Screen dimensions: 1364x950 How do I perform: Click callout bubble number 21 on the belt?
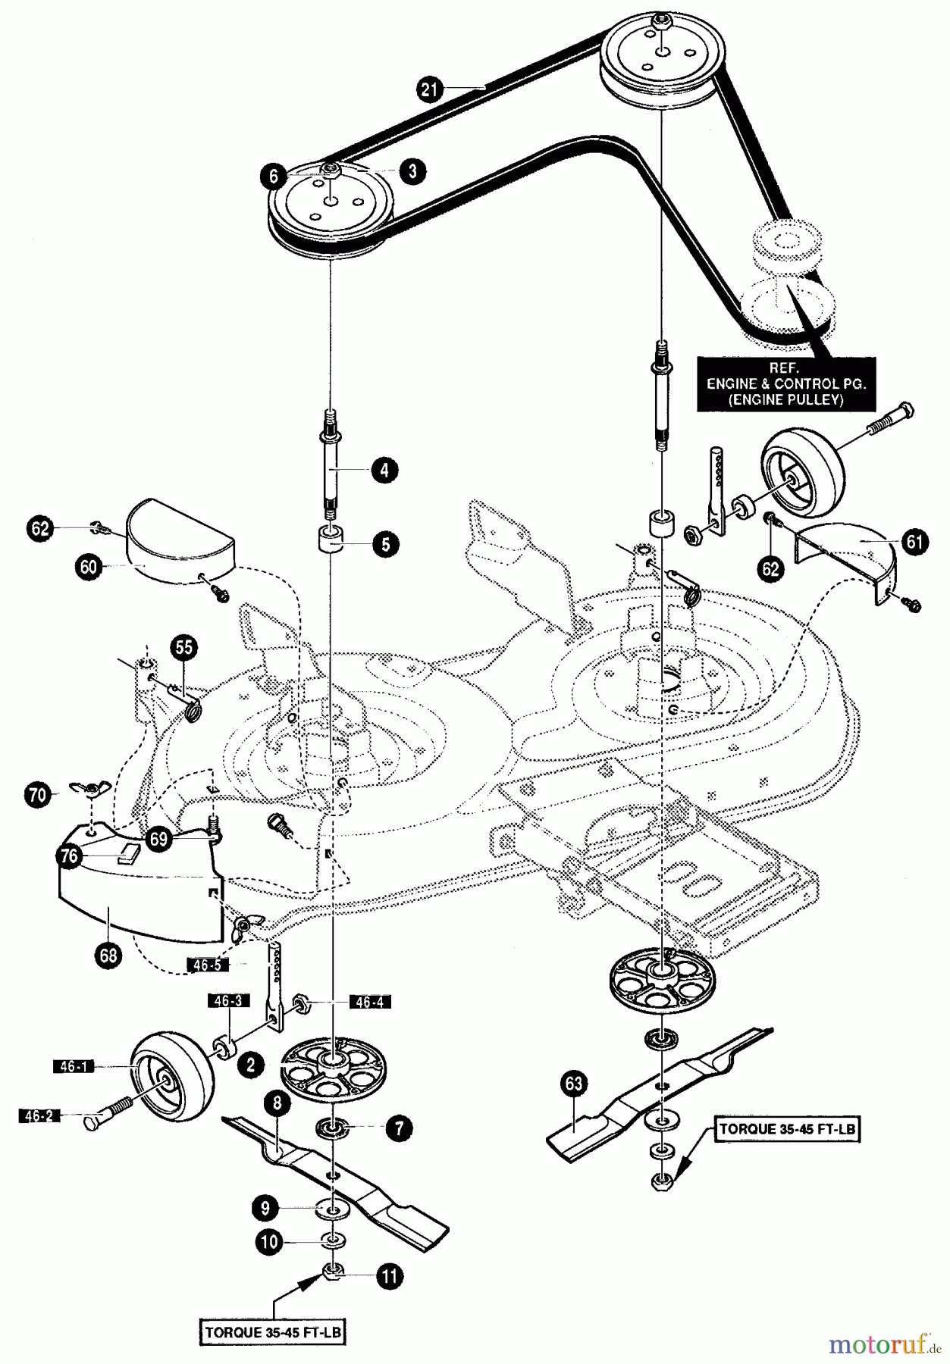[x=430, y=90]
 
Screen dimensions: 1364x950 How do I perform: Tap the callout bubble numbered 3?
[x=412, y=170]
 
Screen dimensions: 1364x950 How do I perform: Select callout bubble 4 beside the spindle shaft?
[x=384, y=470]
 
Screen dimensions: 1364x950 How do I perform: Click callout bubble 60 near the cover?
[x=89, y=567]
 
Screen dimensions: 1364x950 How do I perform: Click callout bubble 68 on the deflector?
[x=108, y=955]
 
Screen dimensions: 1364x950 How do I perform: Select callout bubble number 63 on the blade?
[x=573, y=1084]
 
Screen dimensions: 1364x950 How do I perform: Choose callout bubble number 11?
[x=389, y=1276]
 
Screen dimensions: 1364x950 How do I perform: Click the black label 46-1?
[x=73, y=1067]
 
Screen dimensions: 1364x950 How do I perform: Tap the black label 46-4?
[x=369, y=1002]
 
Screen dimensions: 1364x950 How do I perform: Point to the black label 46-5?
[x=207, y=965]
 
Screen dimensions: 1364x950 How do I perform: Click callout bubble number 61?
[x=915, y=543]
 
